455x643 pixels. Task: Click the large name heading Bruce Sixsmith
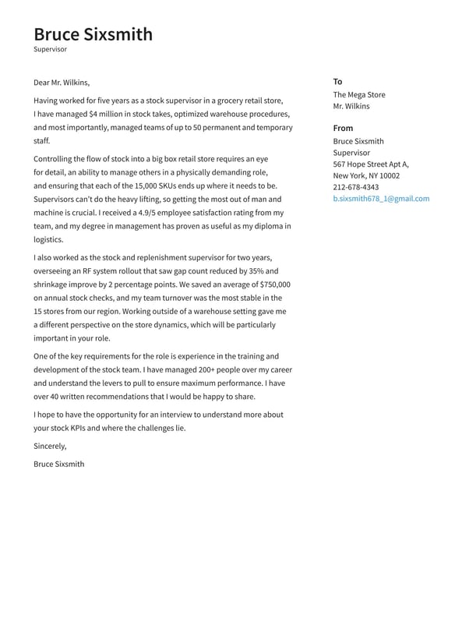pos(93,34)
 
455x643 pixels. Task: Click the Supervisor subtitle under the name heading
pos(51,49)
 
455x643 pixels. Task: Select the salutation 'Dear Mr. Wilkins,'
pos(62,83)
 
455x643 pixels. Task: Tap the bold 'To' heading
pos(337,82)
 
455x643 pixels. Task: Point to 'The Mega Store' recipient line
pos(359,95)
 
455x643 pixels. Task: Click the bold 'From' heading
pos(343,128)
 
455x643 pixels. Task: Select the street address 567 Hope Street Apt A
pos(371,164)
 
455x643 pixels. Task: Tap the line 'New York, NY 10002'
pos(366,176)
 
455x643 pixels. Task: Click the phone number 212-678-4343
pos(356,187)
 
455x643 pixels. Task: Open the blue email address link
pos(381,199)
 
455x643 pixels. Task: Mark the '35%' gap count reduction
pos(256,271)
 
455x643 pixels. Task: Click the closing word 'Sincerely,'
pos(50,447)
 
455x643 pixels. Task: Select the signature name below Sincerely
pos(59,464)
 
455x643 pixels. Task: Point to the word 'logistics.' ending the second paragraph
pos(48,240)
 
